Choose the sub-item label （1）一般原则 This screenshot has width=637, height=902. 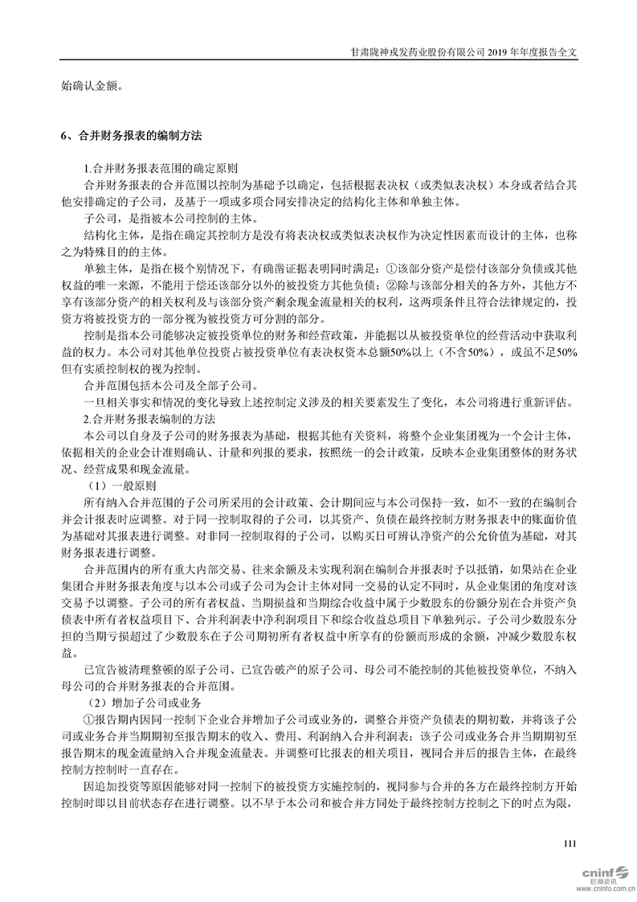(x=120, y=486)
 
